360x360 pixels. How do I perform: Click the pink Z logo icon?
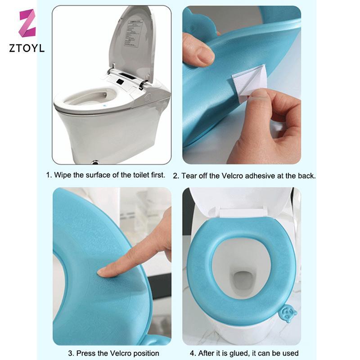coord(27,23)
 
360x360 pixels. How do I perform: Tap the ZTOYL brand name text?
coord(27,49)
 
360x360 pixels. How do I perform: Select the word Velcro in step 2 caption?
coord(233,176)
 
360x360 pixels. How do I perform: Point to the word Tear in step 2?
coord(189,176)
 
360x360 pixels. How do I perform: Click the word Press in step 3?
coord(85,353)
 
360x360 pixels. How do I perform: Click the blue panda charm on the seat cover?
coord(288,313)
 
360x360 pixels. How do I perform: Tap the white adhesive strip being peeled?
coord(250,83)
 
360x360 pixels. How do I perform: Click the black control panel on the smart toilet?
coord(120,81)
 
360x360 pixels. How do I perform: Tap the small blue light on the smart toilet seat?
coord(105,106)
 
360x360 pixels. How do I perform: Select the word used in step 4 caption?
coord(290,353)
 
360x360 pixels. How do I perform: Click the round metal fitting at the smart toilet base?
coord(95,162)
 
